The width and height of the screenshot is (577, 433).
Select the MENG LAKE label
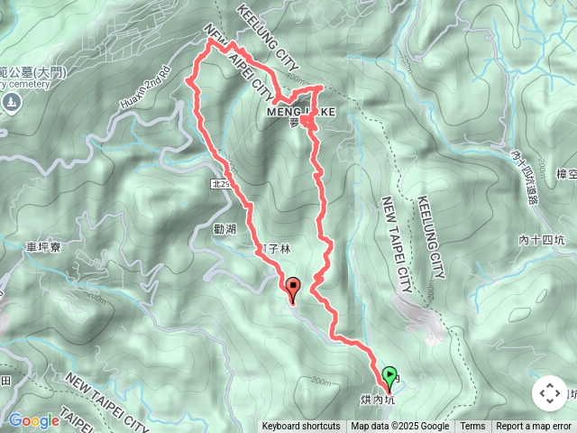[x=301, y=112]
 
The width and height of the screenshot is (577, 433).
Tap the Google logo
[x=33, y=420]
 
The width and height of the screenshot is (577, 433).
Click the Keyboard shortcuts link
[x=301, y=427]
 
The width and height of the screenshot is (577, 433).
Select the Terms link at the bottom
[x=472, y=427]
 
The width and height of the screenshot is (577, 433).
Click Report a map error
[x=534, y=427]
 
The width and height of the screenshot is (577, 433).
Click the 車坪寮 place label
[x=43, y=245]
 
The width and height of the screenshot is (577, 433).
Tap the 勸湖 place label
[x=225, y=230]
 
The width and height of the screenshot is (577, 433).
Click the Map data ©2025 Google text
[x=400, y=427]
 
